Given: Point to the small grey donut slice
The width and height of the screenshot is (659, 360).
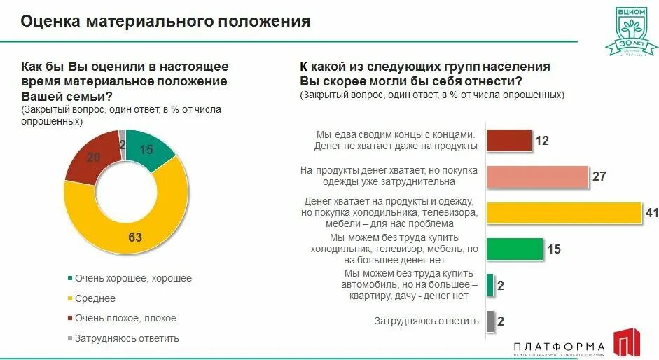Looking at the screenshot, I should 122,139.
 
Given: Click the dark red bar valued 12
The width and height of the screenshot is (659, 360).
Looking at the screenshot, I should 508,141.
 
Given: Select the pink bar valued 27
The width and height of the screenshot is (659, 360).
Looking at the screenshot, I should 536,176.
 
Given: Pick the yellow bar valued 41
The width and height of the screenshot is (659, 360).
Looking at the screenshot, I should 563,213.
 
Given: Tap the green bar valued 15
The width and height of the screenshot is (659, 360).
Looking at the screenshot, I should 514,249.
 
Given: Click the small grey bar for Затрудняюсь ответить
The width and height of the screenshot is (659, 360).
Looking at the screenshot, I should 490,321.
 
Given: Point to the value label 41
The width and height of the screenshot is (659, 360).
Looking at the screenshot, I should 651,213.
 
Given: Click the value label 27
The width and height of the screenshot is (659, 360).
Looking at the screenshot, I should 599,176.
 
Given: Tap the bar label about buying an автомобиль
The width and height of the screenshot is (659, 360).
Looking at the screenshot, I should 410,284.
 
